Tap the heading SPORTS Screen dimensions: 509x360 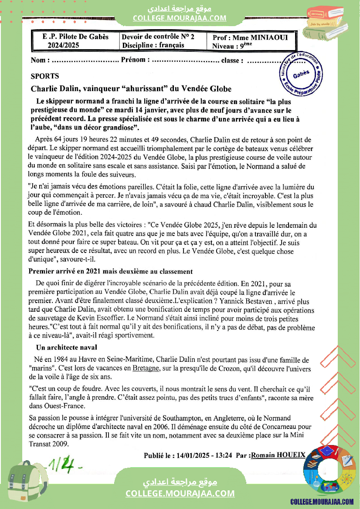click(45, 76)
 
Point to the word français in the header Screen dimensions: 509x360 click(171, 45)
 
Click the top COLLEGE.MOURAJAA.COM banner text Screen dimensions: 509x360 click(180, 18)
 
